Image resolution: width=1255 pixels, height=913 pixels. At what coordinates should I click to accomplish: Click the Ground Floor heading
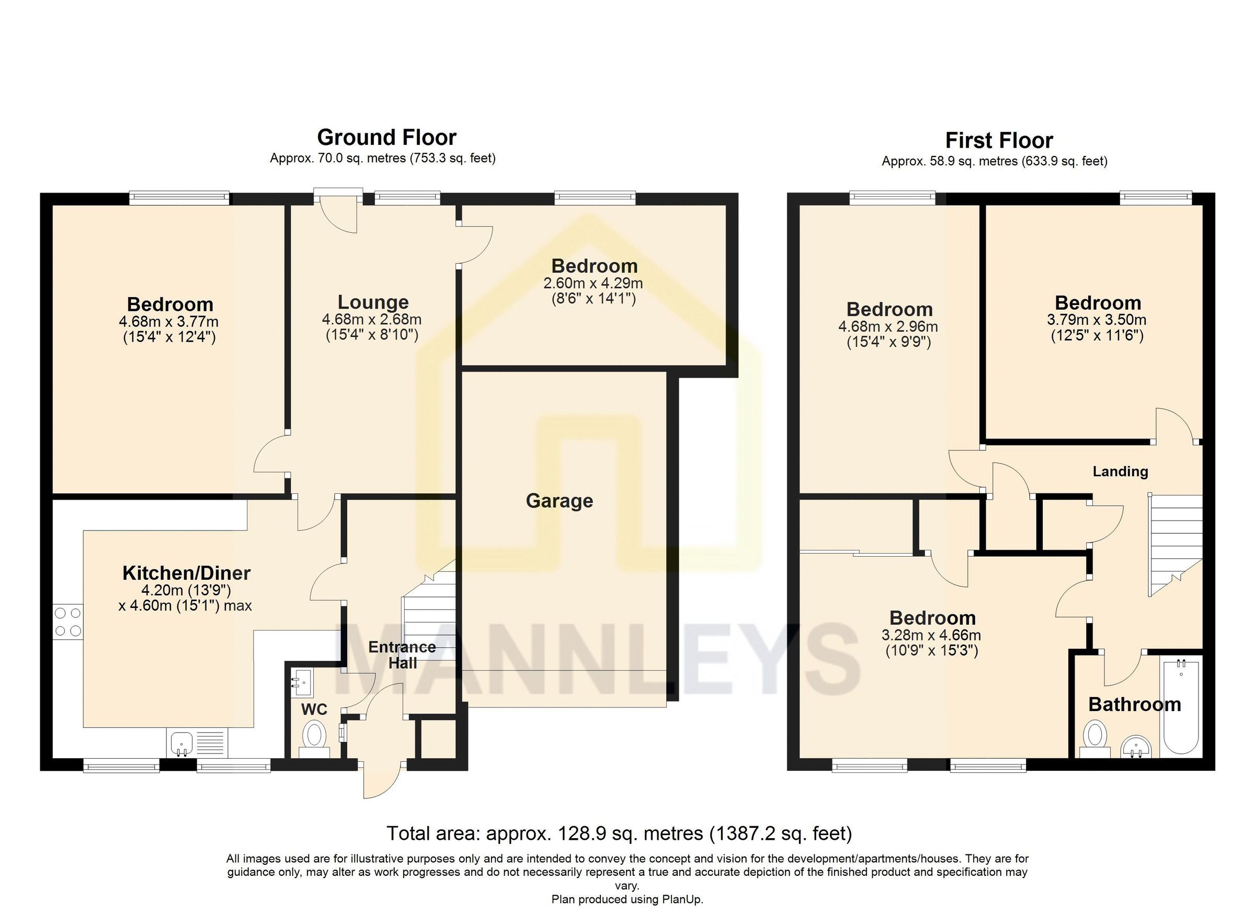point(386,137)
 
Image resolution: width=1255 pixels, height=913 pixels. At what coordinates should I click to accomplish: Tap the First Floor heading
point(998,141)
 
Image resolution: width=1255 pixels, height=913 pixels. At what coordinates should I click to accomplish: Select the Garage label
point(559,501)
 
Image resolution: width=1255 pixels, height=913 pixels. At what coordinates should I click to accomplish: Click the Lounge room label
point(373,302)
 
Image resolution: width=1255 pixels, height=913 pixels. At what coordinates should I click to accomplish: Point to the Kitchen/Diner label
point(187,573)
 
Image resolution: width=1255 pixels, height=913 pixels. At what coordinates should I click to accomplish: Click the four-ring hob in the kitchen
point(67,622)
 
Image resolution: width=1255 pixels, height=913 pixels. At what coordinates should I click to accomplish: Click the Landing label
point(1120,472)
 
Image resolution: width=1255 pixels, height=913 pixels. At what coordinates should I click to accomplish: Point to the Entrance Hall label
point(402,655)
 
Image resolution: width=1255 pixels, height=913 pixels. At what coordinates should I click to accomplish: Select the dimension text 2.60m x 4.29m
point(593,284)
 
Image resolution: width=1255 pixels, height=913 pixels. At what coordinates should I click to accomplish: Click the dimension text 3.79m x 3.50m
point(1097,320)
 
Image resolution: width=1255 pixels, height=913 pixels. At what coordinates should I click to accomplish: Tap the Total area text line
point(619,833)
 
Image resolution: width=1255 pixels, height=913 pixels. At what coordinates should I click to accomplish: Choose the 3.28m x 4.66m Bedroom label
point(932,618)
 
